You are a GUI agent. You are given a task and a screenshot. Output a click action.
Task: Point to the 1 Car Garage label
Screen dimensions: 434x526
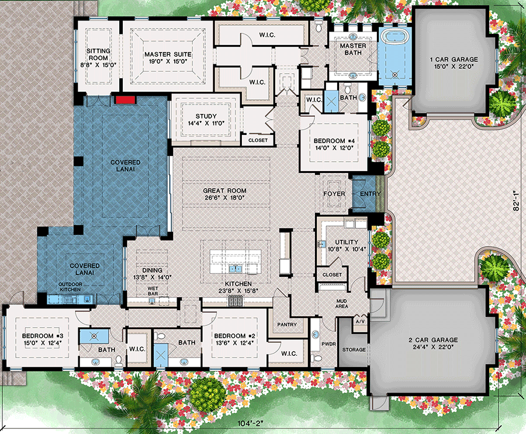454,63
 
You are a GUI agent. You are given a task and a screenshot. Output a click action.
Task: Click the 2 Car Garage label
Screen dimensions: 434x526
432,343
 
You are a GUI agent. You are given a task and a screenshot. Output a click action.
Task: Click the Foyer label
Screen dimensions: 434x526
334,194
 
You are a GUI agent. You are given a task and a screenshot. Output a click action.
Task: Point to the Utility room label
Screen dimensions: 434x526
342,245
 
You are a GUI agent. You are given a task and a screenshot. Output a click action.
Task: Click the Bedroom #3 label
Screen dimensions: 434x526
43,339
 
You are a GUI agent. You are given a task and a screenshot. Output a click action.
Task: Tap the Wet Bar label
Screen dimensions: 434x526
153,290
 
